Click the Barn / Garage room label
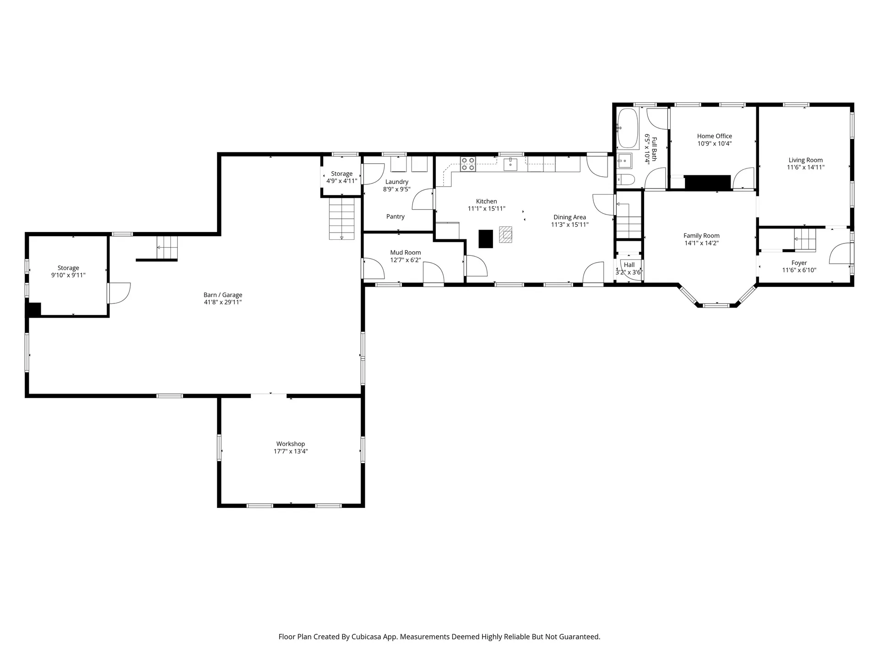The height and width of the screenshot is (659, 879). click(223, 295)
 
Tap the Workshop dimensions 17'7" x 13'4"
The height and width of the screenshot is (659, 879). click(291, 451)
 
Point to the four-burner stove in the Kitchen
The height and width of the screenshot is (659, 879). click(468, 164)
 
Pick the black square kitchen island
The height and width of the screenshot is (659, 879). click(486, 238)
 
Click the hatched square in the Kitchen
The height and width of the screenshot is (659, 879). click(506, 235)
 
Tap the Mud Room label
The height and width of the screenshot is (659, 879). click(406, 253)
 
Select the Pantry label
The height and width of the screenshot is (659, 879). click(396, 216)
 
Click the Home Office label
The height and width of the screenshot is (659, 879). click(715, 136)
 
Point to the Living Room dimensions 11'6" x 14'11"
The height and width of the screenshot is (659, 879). click(806, 167)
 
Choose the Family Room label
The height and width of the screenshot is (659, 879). click(702, 236)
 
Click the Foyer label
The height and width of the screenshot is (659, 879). click(799, 263)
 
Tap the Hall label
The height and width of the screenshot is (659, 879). click(629, 265)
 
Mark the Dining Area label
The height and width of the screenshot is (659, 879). click(570, 217)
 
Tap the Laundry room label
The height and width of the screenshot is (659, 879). click(397, 182)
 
